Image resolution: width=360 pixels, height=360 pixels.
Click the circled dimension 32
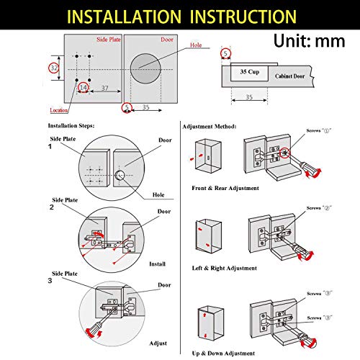click(x=53, y=67)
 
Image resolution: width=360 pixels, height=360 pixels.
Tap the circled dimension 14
click(x=84, y=88)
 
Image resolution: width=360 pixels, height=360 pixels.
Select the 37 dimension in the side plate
click(x=107, y=88)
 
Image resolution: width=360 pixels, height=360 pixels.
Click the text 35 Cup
click(x=248, y=73)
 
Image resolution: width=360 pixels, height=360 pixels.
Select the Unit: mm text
click(x=310, y=41)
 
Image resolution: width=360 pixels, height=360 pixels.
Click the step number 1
click(x=50, y=146)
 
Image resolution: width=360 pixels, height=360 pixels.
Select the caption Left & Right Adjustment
click(x=225, y=268)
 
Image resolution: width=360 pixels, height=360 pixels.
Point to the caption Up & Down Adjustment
click(x=223, y=353)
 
